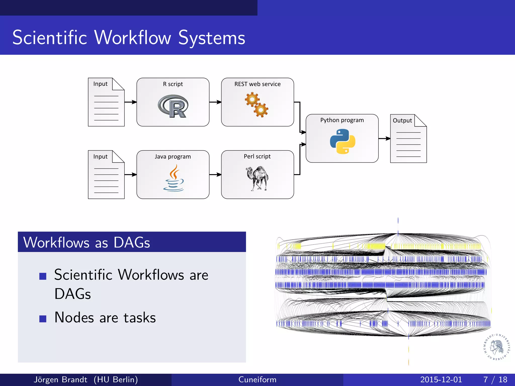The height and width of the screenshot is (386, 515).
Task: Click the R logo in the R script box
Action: [173, 106]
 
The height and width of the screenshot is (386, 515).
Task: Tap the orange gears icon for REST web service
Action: [257, 105]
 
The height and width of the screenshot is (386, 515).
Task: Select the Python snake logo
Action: [342, 141]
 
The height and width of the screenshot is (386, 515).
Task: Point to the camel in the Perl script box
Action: [257, 178]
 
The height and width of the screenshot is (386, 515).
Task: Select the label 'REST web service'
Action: [257, 84]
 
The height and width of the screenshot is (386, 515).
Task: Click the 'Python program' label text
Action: [342, 120]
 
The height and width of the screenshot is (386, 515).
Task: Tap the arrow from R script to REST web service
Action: [215, 102]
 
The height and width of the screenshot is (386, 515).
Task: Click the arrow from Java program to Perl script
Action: [215, 175]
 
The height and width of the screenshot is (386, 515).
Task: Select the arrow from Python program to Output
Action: [384, 138]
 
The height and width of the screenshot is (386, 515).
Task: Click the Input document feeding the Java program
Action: [106, 175]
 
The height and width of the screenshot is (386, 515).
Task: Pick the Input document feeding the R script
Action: [106, 102]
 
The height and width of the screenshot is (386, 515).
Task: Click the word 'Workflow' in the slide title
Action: [133, 38]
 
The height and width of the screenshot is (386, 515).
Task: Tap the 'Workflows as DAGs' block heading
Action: [87, 243]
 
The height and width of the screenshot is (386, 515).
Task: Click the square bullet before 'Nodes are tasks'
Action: [43, 319]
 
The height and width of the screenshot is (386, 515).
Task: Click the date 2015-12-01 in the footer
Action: [441, 379]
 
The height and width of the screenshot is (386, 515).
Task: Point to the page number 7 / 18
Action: [495, 379]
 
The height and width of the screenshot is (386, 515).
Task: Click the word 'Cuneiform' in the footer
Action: [257, 379]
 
